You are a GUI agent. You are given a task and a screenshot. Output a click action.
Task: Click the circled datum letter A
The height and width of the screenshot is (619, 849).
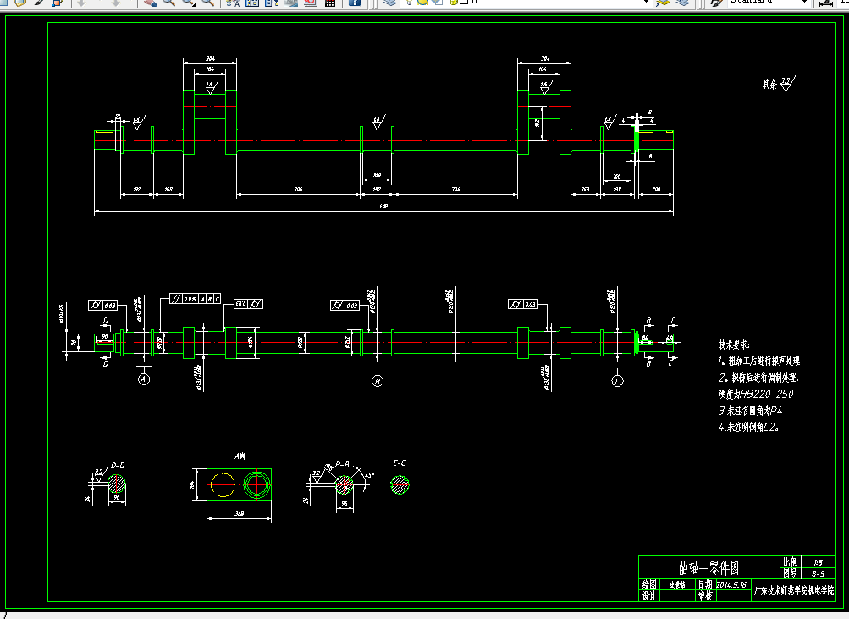tap(144, 381)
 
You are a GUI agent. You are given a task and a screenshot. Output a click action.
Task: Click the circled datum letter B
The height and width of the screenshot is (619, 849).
tap(378, 382)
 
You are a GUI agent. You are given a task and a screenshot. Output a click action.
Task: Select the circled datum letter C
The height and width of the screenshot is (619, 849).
tap(618, 382)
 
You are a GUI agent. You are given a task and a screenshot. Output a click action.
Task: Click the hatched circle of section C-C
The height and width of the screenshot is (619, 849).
tap(400, 485)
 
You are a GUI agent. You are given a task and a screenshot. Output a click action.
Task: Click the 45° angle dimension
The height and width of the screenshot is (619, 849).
tap(368, 473)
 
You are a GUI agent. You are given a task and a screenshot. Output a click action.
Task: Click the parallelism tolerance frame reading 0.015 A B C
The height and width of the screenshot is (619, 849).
tap(195, 299)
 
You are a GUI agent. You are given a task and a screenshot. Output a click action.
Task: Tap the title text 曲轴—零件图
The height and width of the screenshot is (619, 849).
tap(708, 566)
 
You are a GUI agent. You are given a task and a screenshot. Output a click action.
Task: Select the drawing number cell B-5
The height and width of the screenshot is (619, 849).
tap(818, 573)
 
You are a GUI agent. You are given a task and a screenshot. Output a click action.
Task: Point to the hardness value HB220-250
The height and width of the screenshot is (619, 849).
tap(757, 394)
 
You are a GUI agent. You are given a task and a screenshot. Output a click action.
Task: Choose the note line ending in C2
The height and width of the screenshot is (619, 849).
tap(749, 428)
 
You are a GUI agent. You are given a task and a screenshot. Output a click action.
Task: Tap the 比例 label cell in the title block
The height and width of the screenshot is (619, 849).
tap(789, 561)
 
